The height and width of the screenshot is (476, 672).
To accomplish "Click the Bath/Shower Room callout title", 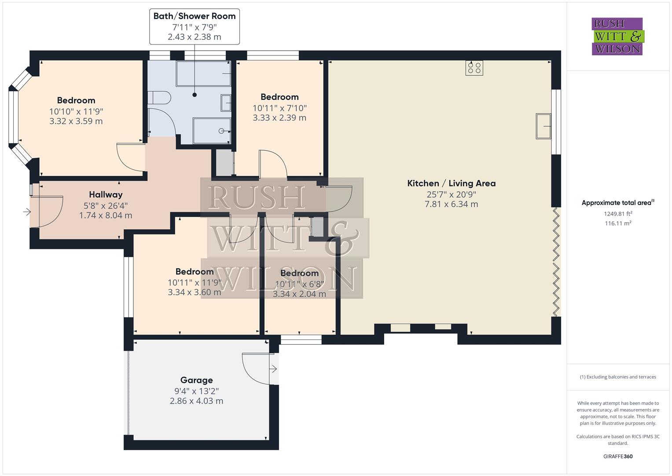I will (195, 16).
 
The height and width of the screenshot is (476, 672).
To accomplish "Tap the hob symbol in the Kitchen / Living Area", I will (474, 68).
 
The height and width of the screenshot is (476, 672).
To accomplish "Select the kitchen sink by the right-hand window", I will (543, 126).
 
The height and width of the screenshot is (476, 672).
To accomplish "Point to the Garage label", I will (196, 380).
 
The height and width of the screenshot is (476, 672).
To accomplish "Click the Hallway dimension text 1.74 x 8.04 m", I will (106, 216).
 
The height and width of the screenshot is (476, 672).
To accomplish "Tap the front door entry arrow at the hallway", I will (27, 212).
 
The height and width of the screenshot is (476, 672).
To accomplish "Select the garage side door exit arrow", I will (273, 369).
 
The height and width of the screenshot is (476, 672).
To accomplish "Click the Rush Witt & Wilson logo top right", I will (617, 37).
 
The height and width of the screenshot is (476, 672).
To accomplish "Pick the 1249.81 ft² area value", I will (618, 214).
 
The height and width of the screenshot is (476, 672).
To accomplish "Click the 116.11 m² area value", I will (618, 223).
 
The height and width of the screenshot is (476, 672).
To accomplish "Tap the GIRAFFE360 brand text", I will (618, 456).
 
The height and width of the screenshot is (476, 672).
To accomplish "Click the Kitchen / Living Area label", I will (451, 183).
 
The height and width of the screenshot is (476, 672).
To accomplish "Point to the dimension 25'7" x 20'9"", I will (451, 194).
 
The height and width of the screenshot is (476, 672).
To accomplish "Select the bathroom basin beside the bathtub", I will (226, 103).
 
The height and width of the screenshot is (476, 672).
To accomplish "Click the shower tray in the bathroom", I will (212, 130).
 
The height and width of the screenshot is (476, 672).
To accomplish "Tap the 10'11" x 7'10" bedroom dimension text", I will (279, 108).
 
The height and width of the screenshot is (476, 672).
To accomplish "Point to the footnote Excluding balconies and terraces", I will (618, 377).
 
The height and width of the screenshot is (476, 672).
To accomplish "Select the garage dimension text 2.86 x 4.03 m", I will (196, 401).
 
